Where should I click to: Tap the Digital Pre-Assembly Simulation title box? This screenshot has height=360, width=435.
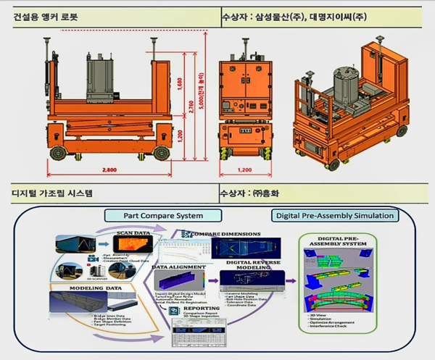(x=334, y=216)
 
